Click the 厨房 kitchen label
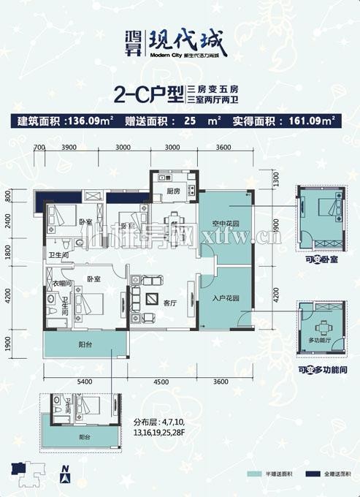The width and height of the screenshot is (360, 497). (x=172, y=191)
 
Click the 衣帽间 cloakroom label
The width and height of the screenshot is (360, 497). (x=61, y=284)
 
